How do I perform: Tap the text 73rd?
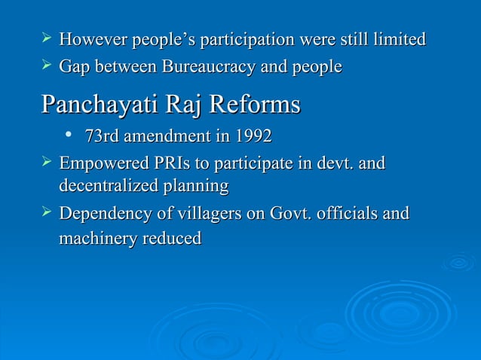click(x=101, y=137)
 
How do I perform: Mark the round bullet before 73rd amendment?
click(x=69, y=136)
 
